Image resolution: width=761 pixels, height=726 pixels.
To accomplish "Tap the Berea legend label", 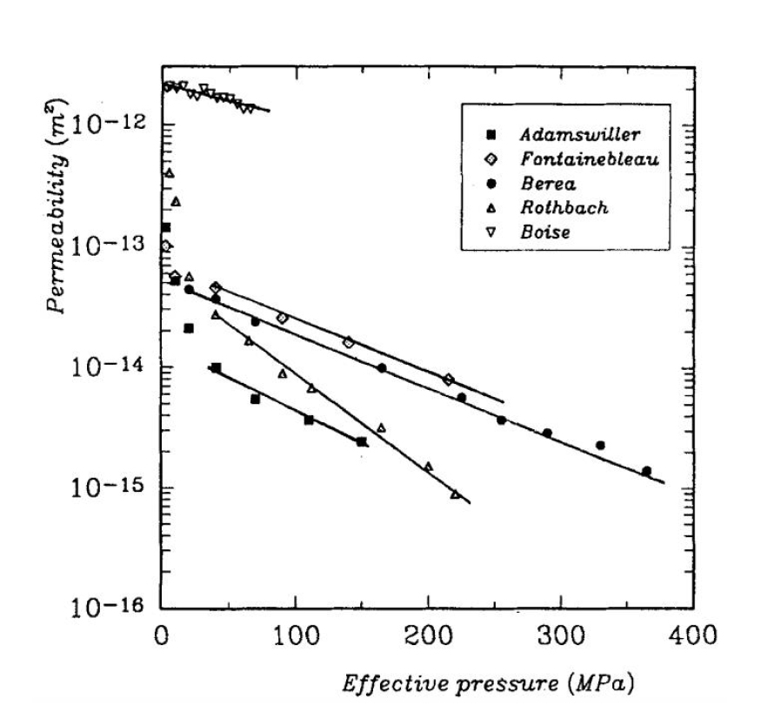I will [x=548, y=184].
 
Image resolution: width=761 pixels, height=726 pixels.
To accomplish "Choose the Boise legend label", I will [x=545, y=232].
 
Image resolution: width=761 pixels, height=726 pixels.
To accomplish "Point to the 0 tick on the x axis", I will [x=162, y=633].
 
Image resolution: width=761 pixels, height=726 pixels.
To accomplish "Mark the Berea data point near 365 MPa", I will [x=646, y=471].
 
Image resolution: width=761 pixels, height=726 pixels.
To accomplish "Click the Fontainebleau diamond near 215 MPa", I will [x=448, y=380].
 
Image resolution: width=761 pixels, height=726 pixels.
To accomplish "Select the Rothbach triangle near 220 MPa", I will [x=455, y=494].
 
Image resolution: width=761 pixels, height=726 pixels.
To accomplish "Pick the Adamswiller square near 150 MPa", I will [x=362, y=442].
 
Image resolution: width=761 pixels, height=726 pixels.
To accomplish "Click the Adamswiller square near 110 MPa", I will [x=309, y=420].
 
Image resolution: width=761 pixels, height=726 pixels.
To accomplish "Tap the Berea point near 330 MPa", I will [x=600, y=445].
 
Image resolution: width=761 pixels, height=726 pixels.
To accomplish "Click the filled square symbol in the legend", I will [x=491, y=134].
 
